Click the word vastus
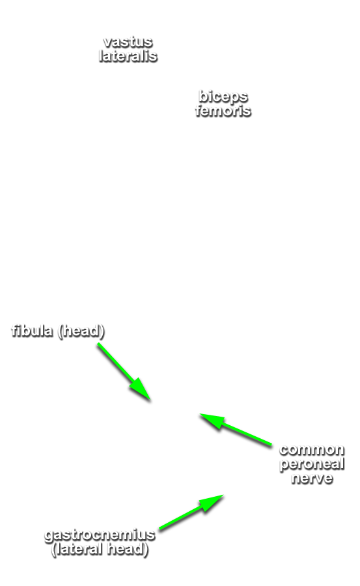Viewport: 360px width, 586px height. click(128, 42)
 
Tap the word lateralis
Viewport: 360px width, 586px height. click(128, 56)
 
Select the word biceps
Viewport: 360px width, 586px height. click(223, 97)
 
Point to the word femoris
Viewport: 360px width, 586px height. click(223, 111)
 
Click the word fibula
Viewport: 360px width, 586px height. click(32, 331)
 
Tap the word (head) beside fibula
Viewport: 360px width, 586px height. click(81, 331)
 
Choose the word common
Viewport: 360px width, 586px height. click(312, 449)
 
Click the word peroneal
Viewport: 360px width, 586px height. click(312, 464)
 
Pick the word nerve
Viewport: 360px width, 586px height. click(312, 478)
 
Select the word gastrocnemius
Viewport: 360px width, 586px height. click(100, 535)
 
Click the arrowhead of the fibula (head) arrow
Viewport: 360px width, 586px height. click(150, 400)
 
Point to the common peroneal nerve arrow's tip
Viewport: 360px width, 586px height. click(200, 413)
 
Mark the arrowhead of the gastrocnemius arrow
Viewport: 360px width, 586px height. click(223, 495)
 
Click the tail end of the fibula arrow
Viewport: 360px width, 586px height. click(98, 343)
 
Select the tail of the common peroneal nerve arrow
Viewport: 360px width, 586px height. click(271, 445)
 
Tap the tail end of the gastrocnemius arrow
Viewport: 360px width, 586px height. click(159, 529)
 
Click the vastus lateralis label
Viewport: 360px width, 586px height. click(128, 49)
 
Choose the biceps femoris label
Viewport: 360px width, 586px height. click(223, 104)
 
